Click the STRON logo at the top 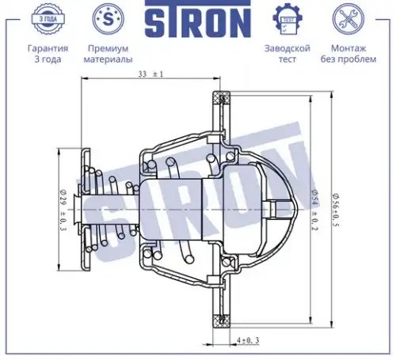click(x=198, y=18)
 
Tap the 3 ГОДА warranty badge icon click(x=48, y=19)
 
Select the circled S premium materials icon click(x=108, y=19)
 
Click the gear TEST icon click(x=287, y=19)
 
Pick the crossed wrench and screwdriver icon click(x=348, y=19)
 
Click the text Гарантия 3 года click(x=48, y=54)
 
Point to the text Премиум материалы click(x=108, y=54)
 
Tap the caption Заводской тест click(x=287, y=54)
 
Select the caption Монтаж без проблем click(x=348, y=54)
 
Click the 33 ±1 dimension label click(x=150, y=74)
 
